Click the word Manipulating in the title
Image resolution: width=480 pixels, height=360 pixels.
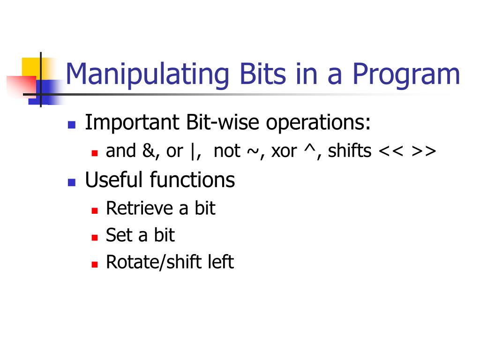(x=147, y=75)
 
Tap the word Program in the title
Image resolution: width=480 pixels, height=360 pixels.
(x=406, y=75)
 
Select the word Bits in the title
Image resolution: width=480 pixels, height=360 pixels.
(x=262, y=74)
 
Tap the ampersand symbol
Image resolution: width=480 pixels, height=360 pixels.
(x=149, y=151)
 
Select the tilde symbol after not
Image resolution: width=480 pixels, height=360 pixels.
(x=253, y=151)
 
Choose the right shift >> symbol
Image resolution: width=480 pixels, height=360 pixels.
(x=424, y=151)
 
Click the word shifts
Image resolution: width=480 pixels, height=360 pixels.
(x=350, y=150)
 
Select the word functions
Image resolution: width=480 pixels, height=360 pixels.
(x=192, y=180)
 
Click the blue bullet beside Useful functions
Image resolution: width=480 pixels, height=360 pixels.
(x=72, y=182)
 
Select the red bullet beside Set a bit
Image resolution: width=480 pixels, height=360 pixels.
(x=95, y=238)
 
